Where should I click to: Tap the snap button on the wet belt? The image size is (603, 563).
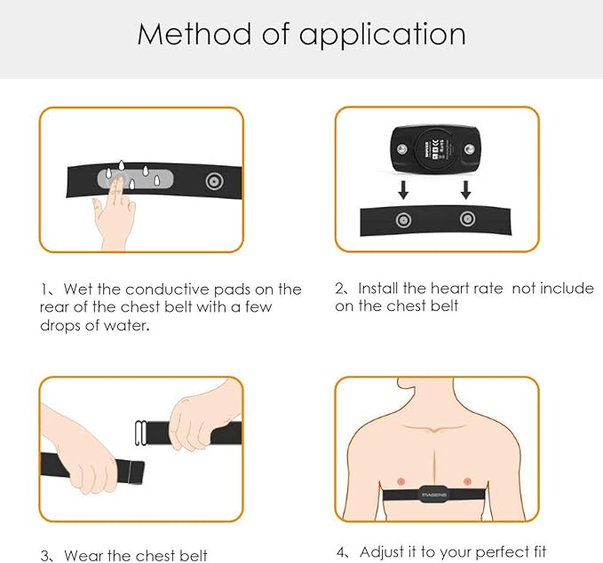click(214, 181)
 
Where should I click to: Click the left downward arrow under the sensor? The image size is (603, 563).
click(401, 189)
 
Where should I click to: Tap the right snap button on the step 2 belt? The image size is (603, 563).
click(464, 219)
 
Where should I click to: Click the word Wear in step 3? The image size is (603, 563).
click(84, 556)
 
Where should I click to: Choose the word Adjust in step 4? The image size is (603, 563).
click(381, 552)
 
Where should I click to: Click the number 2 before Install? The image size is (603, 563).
click(340, 289)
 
